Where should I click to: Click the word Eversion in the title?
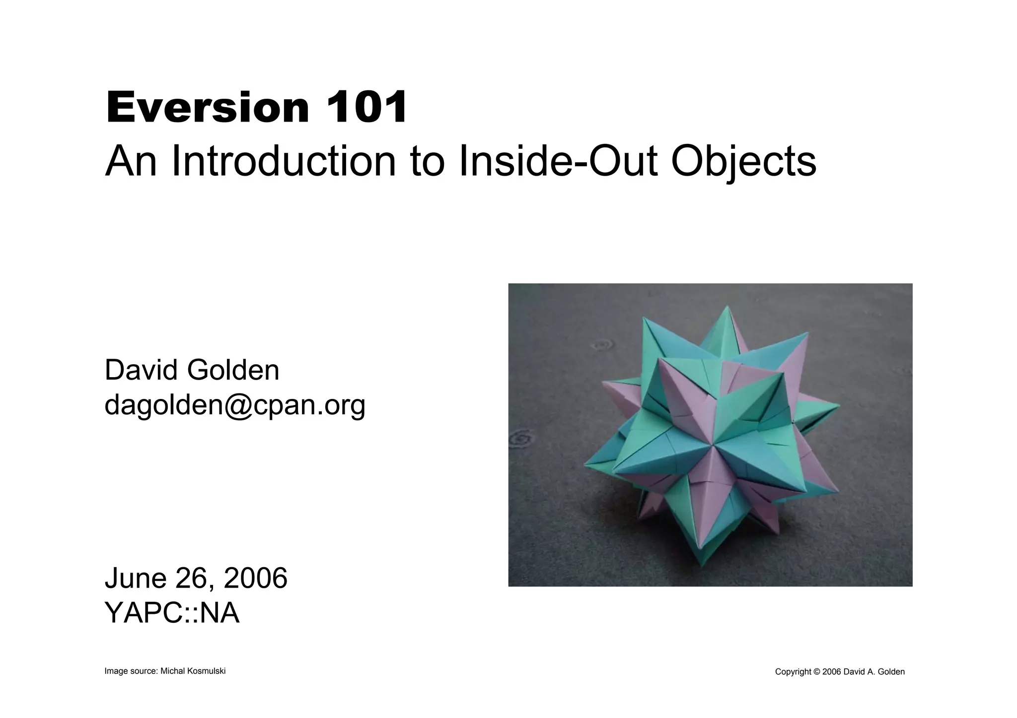point(208,107)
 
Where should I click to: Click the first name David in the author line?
point(141,370)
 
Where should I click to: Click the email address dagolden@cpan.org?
point(234,405)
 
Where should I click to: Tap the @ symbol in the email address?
point(238,405)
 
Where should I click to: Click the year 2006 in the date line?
point(255,578)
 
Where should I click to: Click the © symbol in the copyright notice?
point(816,672)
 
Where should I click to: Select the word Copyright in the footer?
point(793,672)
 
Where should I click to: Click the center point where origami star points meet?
point(713,445)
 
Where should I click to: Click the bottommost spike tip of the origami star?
point(702,566)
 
